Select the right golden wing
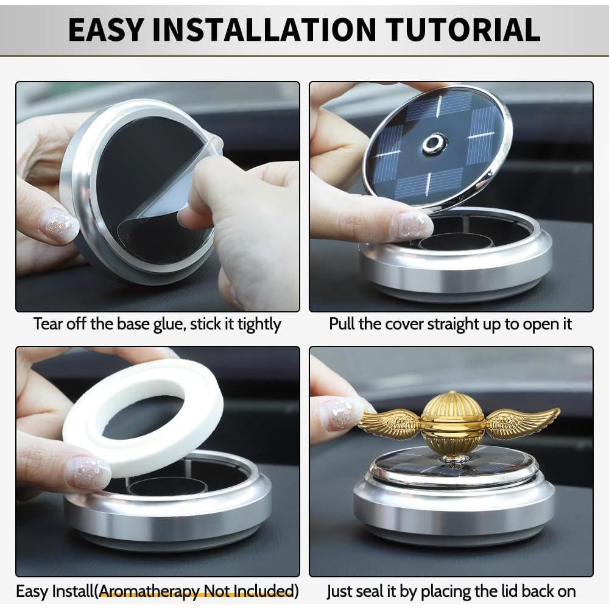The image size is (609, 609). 521,422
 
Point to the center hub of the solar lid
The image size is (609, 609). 435,144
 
